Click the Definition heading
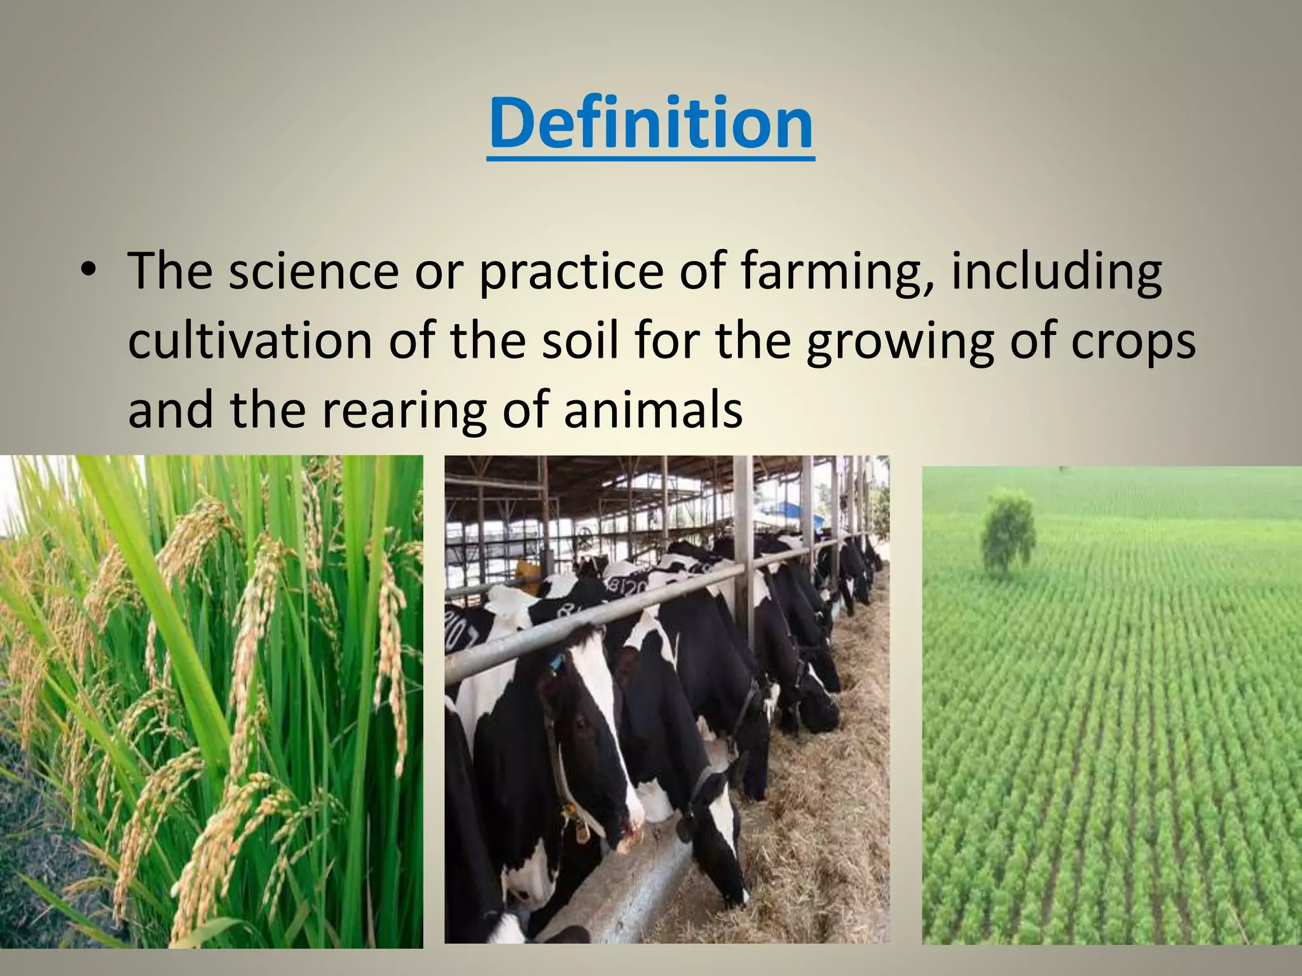click(x=651, y=124)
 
